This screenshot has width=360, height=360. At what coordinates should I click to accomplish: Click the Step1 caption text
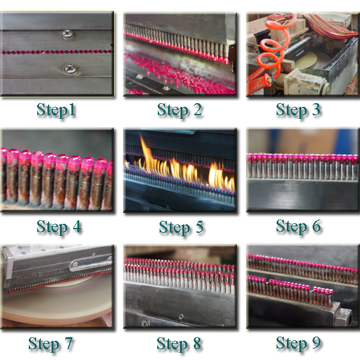pos(56,110)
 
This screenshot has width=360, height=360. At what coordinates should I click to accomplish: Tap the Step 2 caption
pos(179,110)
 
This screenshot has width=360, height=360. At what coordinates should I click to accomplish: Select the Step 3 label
pos(298,110)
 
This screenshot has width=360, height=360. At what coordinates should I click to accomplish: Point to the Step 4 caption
pos(59,227)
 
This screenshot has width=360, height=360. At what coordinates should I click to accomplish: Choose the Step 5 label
pos(181,227)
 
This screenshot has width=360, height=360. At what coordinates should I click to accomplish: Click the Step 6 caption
pos(298,226)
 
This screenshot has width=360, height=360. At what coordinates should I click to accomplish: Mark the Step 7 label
pos(50,344)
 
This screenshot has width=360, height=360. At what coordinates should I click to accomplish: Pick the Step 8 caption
pos(179,344)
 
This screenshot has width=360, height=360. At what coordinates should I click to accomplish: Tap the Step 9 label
pos(298,343)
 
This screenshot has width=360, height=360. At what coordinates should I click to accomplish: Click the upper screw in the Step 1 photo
pos(68,34)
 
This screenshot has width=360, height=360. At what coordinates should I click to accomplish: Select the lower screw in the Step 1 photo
pos(70,70)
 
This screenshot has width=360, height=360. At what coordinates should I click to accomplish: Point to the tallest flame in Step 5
pos(147,156)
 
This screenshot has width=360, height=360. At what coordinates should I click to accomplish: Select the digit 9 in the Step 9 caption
pos(316,343)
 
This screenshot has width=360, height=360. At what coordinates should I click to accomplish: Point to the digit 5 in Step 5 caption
pos(199,226)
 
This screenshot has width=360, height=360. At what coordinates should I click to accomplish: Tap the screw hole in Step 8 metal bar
pos(181,317)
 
